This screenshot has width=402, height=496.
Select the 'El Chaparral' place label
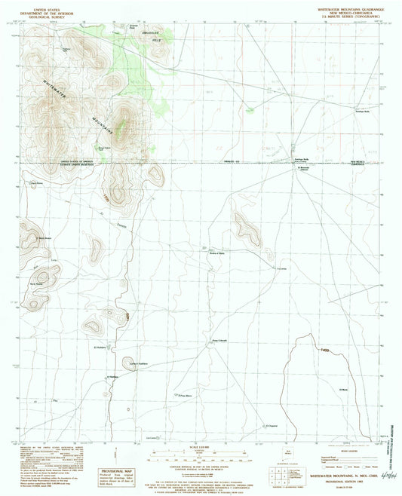point(272,425)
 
